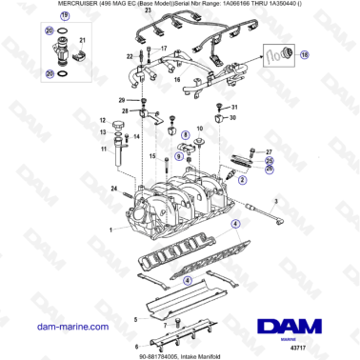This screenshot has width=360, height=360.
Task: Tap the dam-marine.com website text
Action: coord(62,326)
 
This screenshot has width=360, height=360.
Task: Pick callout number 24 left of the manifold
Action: coord(113,190)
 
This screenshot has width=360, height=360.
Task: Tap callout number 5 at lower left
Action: coord(135,308)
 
